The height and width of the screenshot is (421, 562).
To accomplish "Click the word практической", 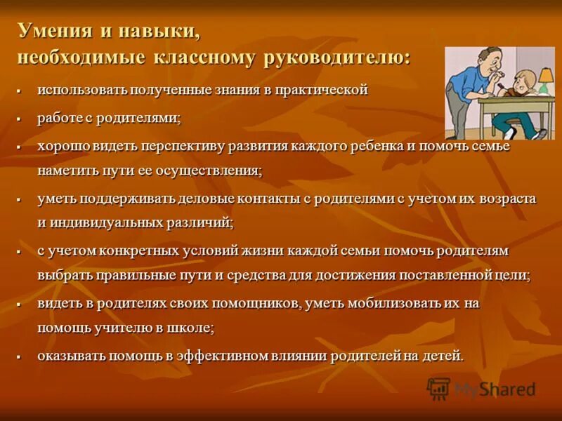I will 325,91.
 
